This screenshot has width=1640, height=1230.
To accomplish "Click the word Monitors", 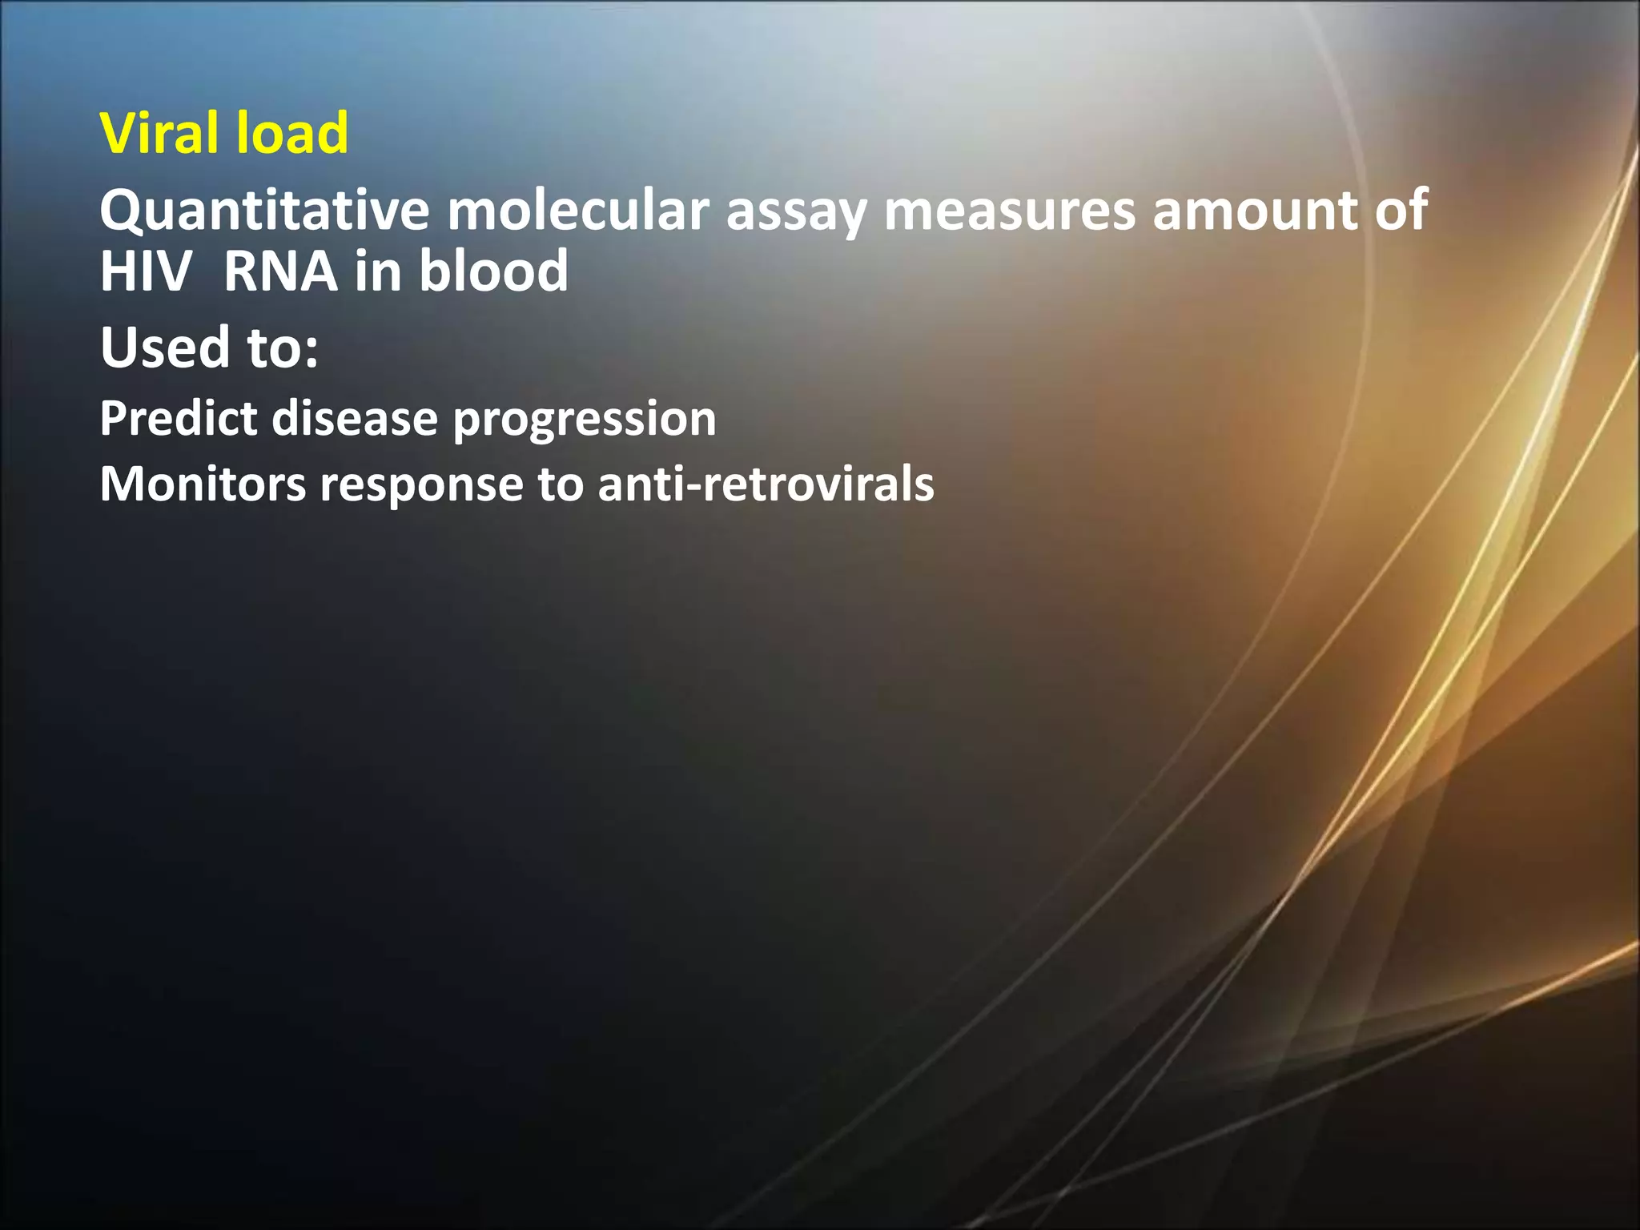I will [203, 484].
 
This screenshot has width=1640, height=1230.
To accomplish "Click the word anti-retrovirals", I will [766, 484].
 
